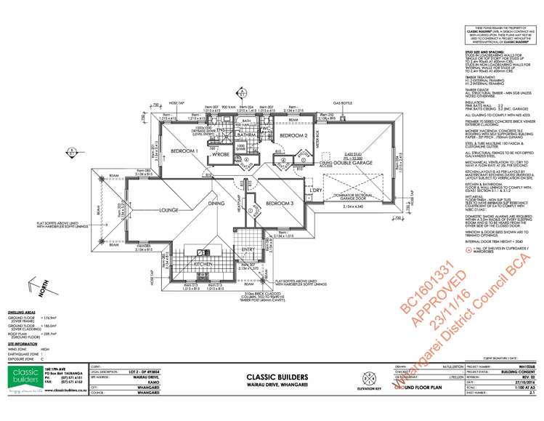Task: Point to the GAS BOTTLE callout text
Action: pyautogui.click(x=342, y=103)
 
